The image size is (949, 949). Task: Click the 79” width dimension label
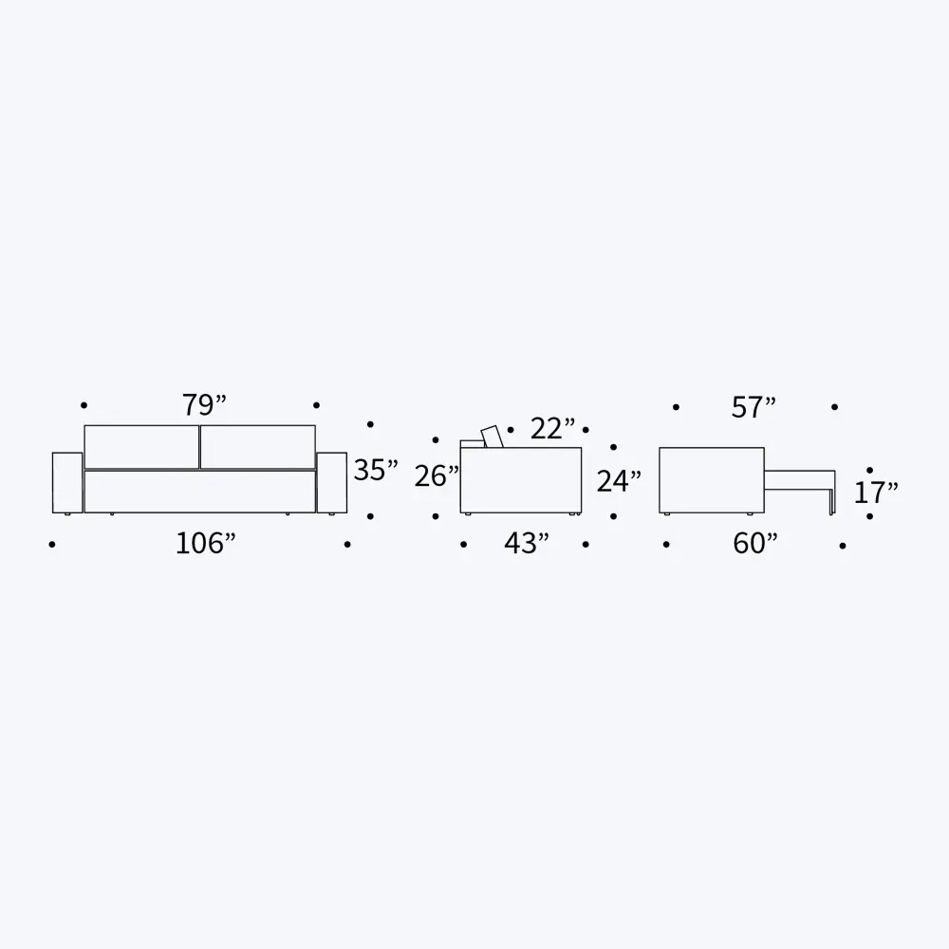(205, 405)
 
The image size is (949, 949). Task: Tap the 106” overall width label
(205, 543)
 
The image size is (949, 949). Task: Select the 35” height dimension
(376, 470)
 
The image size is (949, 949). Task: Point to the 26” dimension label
(437, 475)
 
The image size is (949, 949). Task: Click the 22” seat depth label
(552, 429)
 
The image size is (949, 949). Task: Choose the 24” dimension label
(619, 481)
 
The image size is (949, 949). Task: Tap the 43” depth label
(527, 543)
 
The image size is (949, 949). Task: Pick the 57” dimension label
(754, 407)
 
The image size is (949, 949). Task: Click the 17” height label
(876, 493)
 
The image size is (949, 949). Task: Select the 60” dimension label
(754, 543)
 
